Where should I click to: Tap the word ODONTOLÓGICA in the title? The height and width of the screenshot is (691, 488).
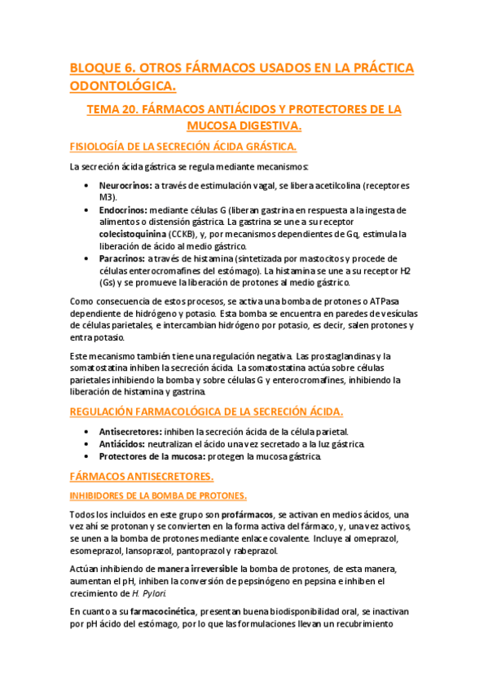123,85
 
